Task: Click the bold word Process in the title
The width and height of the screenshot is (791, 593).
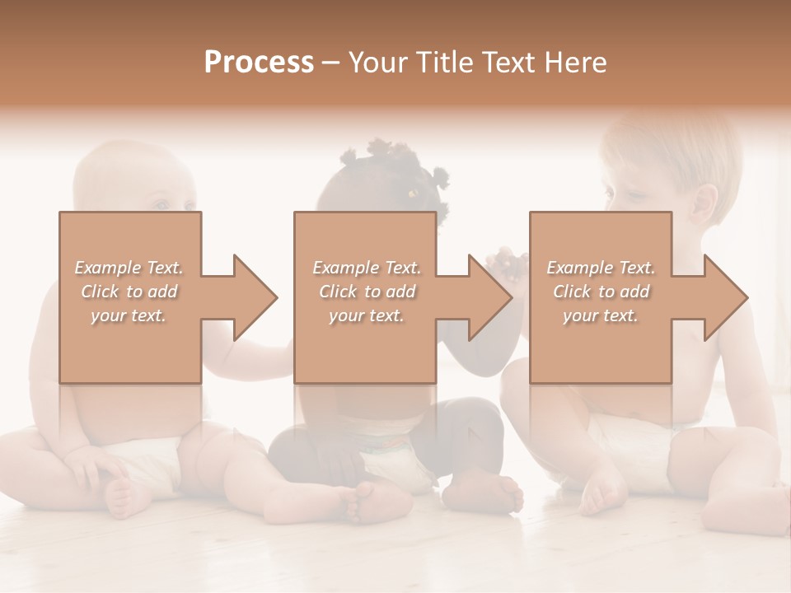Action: coord(259,63)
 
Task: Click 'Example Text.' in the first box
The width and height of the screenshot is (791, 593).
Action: coord(129,268)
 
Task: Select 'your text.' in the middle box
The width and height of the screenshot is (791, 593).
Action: coord(367,315)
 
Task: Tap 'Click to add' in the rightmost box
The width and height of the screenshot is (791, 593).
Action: coord(601,292)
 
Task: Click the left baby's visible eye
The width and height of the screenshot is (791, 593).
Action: coord(162,205)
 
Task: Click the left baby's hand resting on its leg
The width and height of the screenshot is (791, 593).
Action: coord(92,469)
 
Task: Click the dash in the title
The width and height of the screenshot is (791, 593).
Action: coord(331,63)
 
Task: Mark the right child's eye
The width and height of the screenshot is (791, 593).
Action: coord(633,195)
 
